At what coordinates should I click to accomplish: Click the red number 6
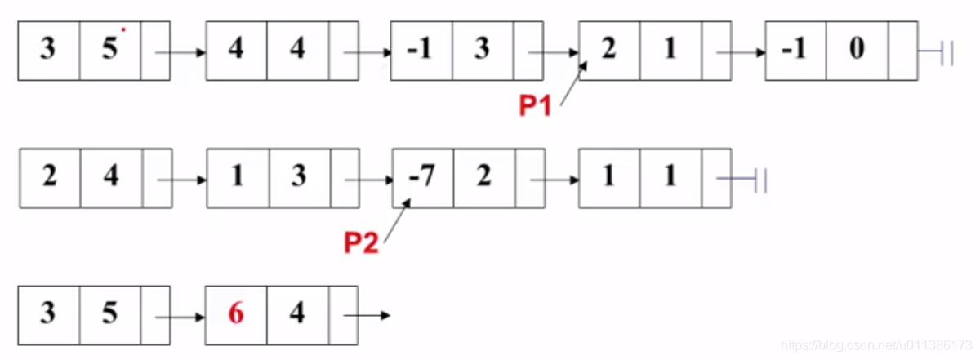click(236, 313)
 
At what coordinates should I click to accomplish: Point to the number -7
click(421, 176)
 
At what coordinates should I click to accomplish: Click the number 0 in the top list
click(856, 51)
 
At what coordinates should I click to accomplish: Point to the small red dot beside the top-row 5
click(122, 30)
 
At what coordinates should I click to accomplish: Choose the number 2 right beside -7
click(483, 176)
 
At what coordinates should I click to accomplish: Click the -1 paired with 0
click(794, 51)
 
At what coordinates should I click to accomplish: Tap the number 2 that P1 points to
click(608, 51)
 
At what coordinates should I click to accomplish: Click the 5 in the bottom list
click(109, 313)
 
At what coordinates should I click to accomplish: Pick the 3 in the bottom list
click(48, 313)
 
